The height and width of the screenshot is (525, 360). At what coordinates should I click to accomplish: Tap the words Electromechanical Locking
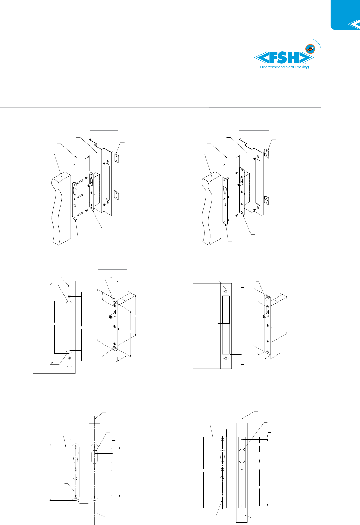(x=284, y=67)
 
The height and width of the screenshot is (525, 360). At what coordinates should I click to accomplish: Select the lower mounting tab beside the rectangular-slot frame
(x=266, y=200)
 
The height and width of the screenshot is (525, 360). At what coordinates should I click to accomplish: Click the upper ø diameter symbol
(x=51, y=283)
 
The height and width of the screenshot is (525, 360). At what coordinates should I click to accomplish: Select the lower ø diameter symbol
(x=51, y=363)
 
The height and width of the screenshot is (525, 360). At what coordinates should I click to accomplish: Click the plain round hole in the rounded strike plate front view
(x=76, y=478)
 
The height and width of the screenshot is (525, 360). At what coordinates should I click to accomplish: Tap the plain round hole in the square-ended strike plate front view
(x=222, y=478)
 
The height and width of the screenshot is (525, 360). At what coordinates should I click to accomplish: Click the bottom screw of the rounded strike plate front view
(x=76, y=497)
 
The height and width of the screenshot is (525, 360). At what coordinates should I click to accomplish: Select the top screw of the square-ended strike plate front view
(x=222, y=440)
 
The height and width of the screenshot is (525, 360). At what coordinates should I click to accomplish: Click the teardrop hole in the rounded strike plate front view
(x=76, y=457)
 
